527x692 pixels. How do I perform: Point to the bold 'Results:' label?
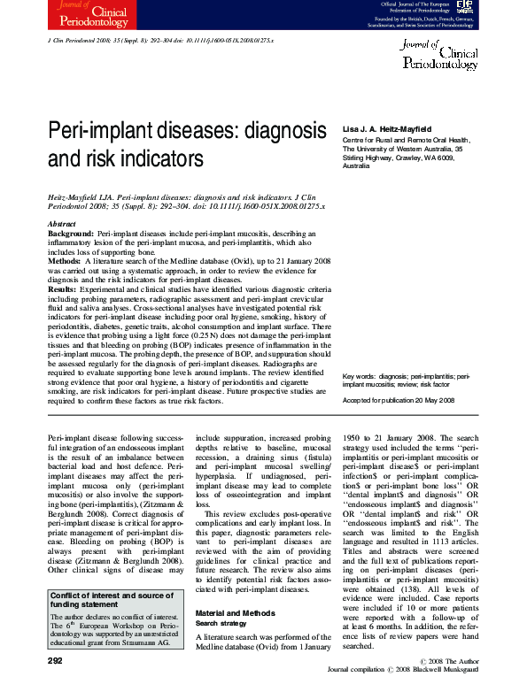pos(63,288)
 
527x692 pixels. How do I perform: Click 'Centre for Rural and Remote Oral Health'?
pos(406,141)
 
